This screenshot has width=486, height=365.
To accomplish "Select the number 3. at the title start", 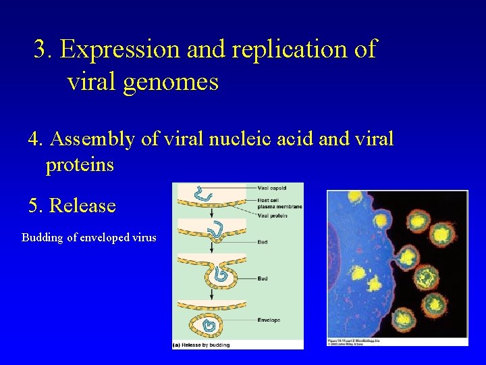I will point(45,49).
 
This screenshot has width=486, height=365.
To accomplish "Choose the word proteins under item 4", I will point(80,164).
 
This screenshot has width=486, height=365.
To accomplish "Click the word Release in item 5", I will point(82,205).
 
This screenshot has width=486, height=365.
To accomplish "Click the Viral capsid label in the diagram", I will point(271,187).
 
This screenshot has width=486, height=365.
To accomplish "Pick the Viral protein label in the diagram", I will point(273,215).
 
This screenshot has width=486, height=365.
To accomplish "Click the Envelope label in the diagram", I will point(269,320).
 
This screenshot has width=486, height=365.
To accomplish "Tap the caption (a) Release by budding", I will point(202,345).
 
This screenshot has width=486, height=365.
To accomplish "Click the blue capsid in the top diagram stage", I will point(202,195).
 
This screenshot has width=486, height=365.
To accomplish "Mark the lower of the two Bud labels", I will point(263,278).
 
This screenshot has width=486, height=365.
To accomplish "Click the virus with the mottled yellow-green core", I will point(427,277).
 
